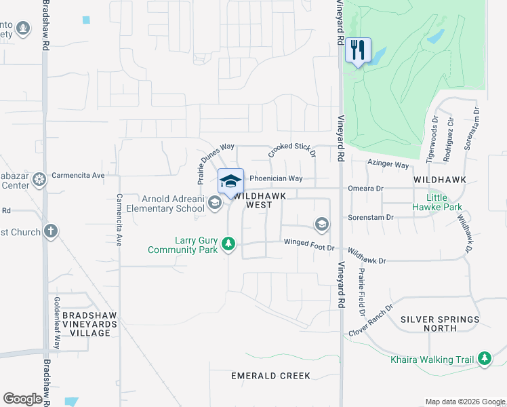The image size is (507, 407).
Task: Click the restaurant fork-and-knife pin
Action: tap(358, 50)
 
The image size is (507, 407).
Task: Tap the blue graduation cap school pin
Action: tap(230, 181)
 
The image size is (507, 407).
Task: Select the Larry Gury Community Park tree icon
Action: tap(229, 244)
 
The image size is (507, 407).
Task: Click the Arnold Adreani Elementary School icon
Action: tap(215, 203)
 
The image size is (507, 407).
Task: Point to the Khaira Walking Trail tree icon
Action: tap(484, 359)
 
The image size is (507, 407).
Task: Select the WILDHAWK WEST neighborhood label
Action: tap(259, 200)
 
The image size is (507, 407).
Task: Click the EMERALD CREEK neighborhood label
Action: tap(270, 376)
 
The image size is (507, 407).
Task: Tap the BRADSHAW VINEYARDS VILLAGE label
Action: tap(86, 324)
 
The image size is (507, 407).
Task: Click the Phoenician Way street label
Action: tap(276, 179)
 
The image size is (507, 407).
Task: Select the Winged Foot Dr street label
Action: tap(309, 243)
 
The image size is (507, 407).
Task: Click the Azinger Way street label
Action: tap(388, 165)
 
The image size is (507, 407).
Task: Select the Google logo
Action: tap(22, 399)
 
